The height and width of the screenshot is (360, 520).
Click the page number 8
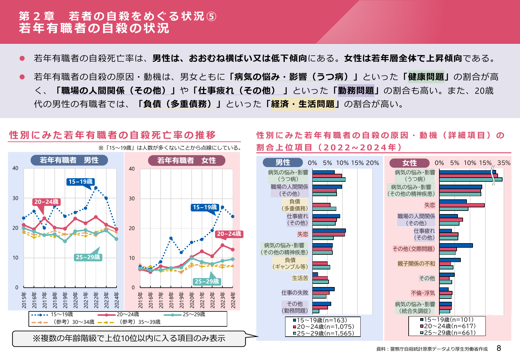point(499,348)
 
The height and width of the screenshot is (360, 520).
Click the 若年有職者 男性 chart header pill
point(69,160)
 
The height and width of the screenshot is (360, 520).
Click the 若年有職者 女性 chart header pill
point(187,160)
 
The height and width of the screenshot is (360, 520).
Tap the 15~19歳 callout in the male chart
point(80,182)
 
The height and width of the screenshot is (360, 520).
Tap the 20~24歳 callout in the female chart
point(229,234)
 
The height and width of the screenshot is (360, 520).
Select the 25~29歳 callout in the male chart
point(88,257)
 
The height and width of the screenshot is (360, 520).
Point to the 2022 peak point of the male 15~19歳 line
point(96,188)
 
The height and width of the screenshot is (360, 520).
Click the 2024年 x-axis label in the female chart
point(233,300)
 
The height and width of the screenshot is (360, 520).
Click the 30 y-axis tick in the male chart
point(15,198)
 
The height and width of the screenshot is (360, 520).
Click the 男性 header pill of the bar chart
point(283,163)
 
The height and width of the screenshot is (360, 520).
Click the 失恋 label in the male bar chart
point(302,234)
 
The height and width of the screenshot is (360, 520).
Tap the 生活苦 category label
point(300,278)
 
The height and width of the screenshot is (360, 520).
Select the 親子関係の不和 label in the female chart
point(416,264)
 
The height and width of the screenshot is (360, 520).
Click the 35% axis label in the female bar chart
point(504,163)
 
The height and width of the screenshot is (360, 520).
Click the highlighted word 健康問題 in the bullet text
point(426,77)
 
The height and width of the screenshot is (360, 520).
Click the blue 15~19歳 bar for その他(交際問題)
point(456,245)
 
